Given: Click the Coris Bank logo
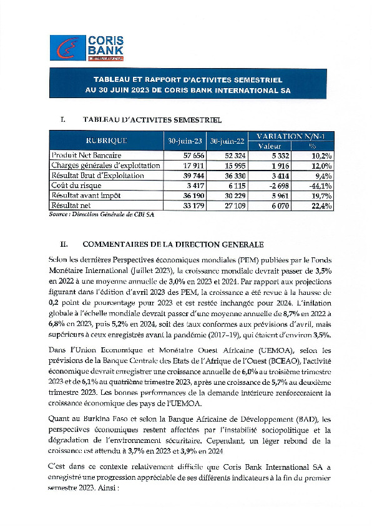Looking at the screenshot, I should [87, 47].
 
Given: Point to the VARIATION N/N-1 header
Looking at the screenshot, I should [291, 136].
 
